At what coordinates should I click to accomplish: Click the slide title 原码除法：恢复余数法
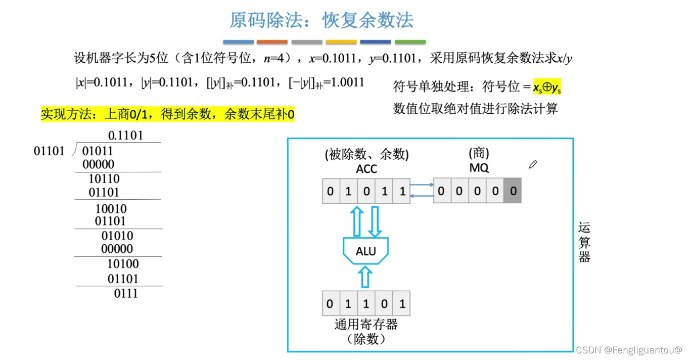[x=321, y=20]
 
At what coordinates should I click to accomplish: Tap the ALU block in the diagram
[x=366, y=251]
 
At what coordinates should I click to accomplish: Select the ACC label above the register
[x=366, y=169]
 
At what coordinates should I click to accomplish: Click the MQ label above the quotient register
[x=479, y=168]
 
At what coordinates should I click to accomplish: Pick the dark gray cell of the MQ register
[x=513, y=191]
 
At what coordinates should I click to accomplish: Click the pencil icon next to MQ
[x=532, y=164]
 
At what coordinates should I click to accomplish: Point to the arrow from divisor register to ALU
[x=366, y=278]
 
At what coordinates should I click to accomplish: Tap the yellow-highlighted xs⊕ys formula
[x=547, y=88]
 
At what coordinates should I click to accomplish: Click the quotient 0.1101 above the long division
[x=125, y=136]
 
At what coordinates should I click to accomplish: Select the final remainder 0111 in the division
[x=126, y=294]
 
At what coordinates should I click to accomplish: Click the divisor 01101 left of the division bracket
[x=49, y=151]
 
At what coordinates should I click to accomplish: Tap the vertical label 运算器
[x=584, y=243]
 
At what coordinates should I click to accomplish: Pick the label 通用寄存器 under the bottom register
[x=366, y=324]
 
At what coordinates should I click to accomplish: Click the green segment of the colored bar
[x=410, y=42]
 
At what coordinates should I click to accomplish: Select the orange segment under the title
[x=272, y=42]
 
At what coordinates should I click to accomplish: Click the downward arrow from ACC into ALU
[x=375, y=220]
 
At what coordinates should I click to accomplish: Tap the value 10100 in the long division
[x=123, y=264]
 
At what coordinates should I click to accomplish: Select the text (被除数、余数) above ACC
[x=366, y=154]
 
